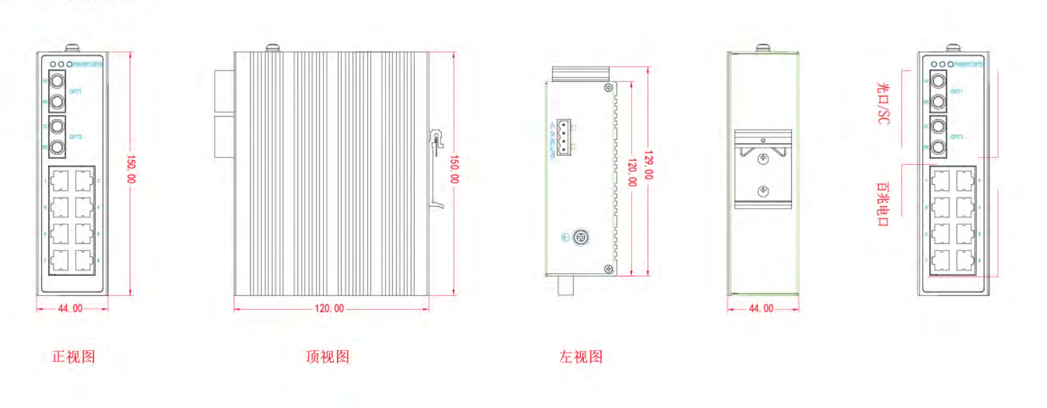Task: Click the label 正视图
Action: tap(74, 356)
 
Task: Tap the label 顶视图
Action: tap(327, 356)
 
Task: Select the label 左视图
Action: tap(581, 356)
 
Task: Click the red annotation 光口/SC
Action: tap(883, 104)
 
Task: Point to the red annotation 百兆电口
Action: tap(883, 204)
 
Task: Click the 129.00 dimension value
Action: tap(649, 165)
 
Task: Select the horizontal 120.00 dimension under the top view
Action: tap(329, 309)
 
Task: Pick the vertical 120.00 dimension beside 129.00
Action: tap(632, 172)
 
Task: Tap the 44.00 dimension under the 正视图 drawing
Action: tap(70, 309)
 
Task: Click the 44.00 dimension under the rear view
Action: tap(761, 309)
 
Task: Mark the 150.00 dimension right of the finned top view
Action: tap(454, 169)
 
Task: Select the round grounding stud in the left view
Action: tap(581, 237)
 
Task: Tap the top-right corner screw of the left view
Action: tap(609, 88)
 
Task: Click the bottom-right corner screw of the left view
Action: tap(609, 269)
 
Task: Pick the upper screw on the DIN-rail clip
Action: tap(763, 159)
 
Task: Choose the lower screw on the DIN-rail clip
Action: tap(763, 191)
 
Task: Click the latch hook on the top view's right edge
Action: tap(436, 141)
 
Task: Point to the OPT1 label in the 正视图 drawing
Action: tap(75, 92)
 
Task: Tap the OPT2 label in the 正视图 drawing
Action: tap(75, 137)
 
